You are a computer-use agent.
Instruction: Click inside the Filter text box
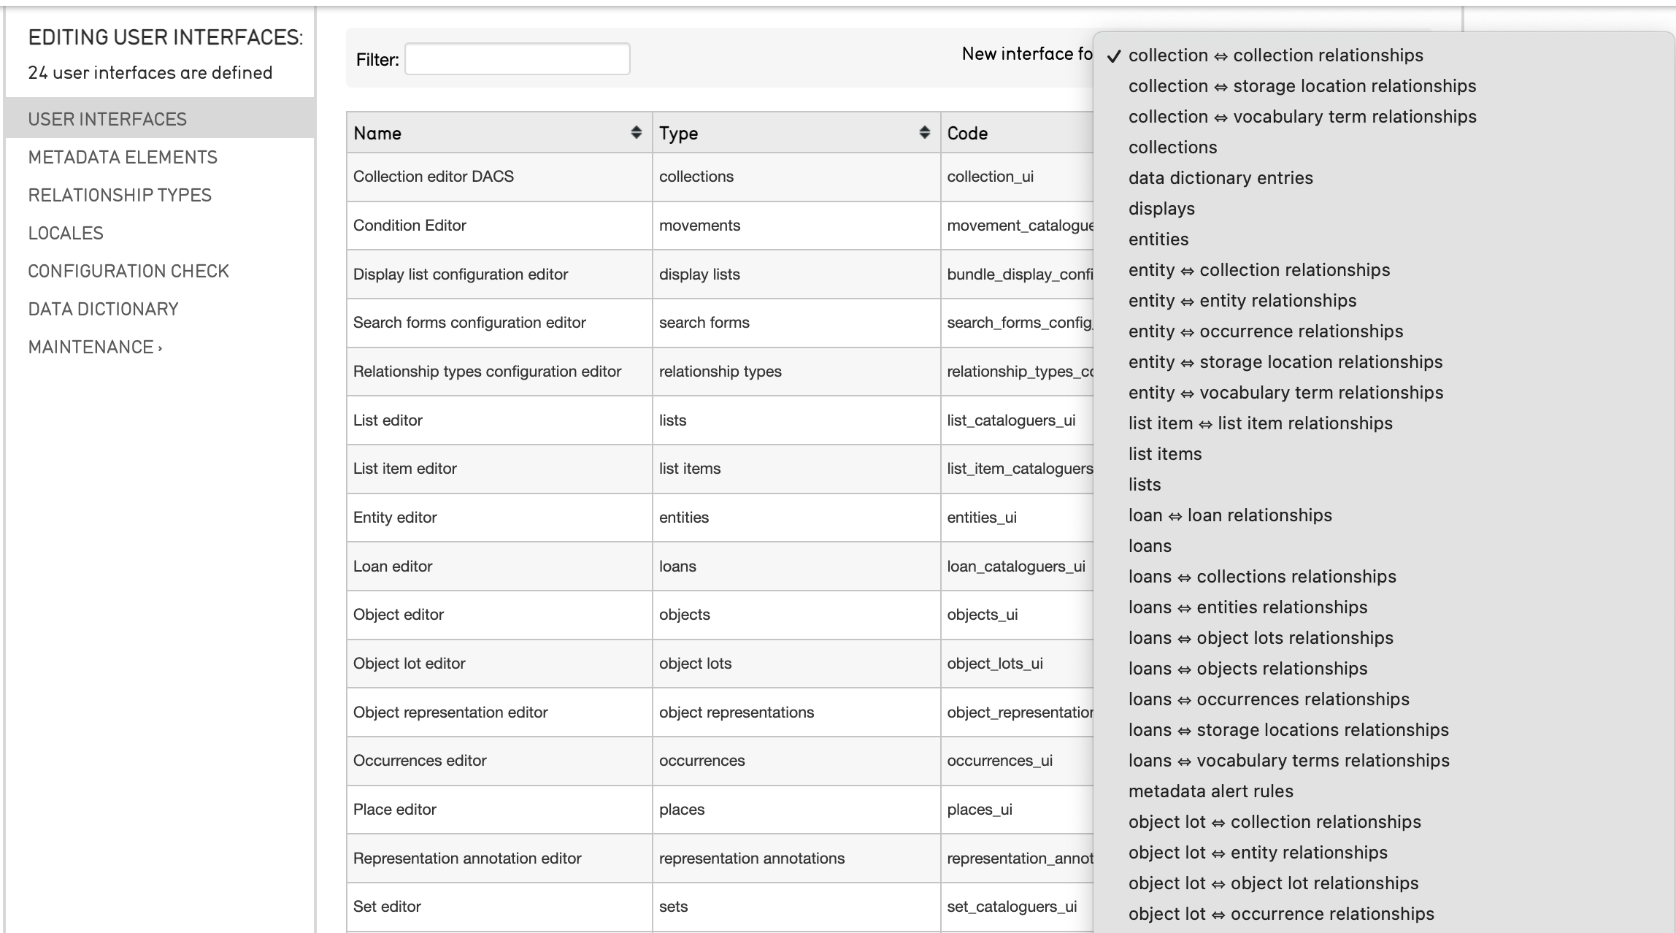(x=517, y=59)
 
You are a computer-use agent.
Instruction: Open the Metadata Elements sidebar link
(x=123, y=157)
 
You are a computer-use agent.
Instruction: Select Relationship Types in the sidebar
(x=120, y=195)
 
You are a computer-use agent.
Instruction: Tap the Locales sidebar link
(x=66, y=233)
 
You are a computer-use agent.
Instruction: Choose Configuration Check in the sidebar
(x=128, y=271)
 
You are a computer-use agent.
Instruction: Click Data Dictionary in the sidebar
(x=103, y=309)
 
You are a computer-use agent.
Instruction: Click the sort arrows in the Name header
(x=636, y=132)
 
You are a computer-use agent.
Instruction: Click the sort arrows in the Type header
(x=924, y=132)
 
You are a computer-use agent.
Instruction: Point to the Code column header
(x=967, y=133)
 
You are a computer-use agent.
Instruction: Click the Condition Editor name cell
(x=410, y=225)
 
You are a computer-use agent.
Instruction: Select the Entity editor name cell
(x=395, y=517)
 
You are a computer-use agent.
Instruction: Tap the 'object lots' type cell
(x=695, y=663)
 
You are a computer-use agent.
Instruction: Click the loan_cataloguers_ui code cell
(x=1015, y=566)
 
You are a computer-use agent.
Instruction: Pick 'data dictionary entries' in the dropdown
(x=1221, y=177)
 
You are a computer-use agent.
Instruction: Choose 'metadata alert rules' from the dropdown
(x=1210, y=791)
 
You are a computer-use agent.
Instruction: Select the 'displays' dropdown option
(x=1161, y=208)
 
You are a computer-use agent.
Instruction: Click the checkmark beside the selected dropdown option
(x=1113, y=56)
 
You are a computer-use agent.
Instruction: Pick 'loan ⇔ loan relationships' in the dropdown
(x=1230, y=515)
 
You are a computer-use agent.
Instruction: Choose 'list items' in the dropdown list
(x=1165, y=453)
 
